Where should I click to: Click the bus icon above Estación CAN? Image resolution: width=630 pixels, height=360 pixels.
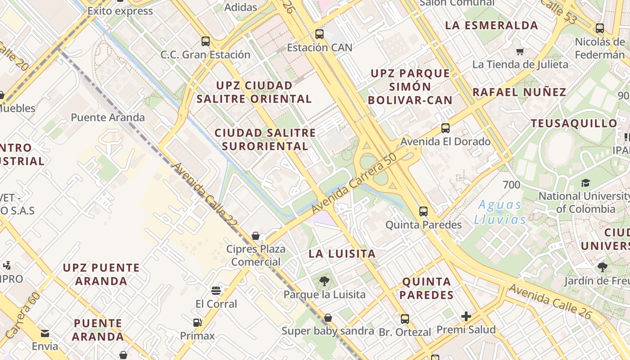pos(319,34)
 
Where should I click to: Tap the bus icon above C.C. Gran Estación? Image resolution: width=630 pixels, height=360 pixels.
pos(206,41)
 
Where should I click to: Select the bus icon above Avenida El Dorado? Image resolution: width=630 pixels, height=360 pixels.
pos(445,128)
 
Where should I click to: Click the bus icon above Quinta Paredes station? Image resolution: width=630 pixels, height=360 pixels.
pos(423,211)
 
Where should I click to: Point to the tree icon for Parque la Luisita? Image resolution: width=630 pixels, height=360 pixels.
pos(324,282)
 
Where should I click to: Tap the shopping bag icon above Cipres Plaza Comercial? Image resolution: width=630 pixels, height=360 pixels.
pos(256,236)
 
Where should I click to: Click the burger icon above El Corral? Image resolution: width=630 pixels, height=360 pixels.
pos(216,290)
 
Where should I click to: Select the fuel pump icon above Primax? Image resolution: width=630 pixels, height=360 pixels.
pos(197,322)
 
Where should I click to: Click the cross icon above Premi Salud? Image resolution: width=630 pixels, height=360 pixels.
pos(466,316)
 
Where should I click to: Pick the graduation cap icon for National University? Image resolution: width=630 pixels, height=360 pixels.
pos(585,183)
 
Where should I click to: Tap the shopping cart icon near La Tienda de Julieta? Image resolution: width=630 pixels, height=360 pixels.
pos(521,51)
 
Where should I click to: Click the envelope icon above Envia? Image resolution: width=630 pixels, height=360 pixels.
pos(45,333)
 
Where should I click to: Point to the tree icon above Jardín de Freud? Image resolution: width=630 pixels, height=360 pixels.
pos(603,267)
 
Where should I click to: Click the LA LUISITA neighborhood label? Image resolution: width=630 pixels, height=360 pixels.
pos(342,254)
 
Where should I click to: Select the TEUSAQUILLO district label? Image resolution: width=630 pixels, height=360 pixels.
pos(574,123)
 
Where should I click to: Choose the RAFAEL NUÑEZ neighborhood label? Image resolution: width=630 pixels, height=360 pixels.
pos(519,92)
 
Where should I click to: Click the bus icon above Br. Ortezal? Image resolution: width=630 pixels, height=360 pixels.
pos(405,319)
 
